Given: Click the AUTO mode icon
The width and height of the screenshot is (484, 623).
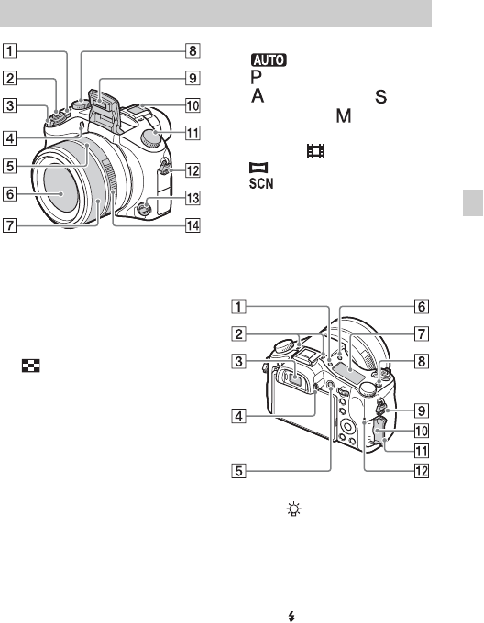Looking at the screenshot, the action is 269,60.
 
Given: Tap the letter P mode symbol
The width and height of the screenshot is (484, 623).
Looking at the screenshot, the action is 257,77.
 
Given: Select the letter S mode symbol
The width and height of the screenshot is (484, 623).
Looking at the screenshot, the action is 380,96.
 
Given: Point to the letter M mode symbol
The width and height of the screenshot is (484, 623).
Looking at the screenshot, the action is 344,115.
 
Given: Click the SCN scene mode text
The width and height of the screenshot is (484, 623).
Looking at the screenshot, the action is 261,183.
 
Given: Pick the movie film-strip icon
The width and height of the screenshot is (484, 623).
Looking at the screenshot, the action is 316,150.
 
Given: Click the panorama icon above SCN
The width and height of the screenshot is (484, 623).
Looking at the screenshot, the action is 258,168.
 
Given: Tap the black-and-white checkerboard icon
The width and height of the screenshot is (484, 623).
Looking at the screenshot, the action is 31,366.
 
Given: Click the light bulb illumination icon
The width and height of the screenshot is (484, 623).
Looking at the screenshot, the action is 294,509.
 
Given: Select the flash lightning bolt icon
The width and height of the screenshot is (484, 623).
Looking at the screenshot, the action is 291,617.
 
